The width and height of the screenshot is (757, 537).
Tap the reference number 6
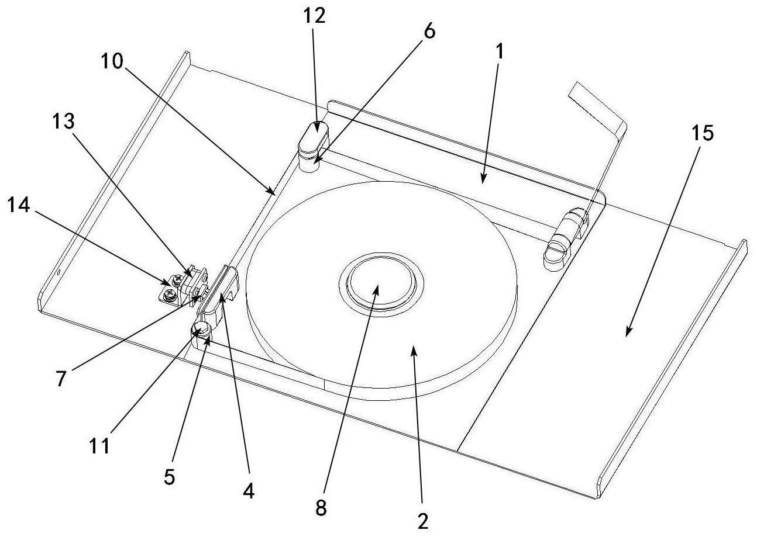pos(429,32)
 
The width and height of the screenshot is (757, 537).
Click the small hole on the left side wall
pos(60,272)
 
